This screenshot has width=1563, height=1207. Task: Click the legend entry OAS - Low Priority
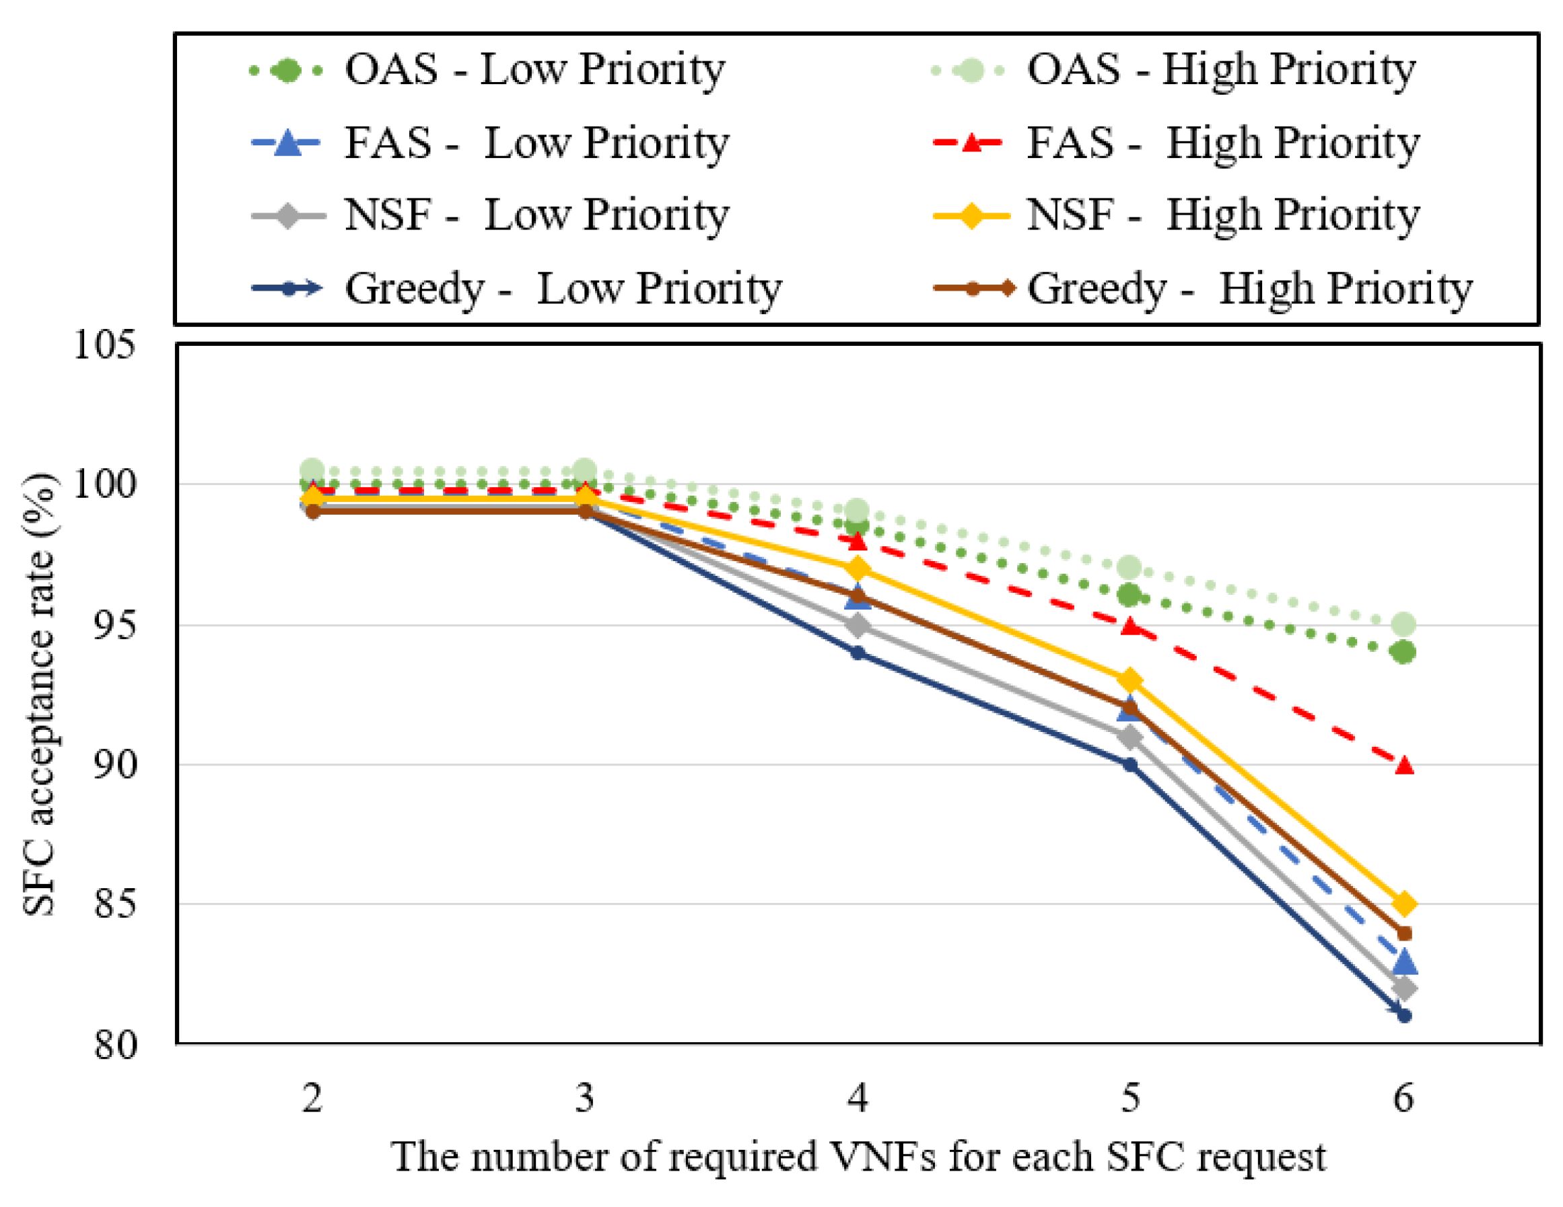pos(487,70)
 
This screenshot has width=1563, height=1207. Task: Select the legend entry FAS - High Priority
pos(1177,143)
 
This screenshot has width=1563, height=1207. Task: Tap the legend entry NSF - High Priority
pos(1177,215)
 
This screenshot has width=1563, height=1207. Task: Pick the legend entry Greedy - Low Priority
pos(517,289)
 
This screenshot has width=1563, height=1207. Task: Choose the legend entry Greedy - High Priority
pos(1203,289)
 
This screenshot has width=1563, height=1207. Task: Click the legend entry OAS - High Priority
pos(1174,70)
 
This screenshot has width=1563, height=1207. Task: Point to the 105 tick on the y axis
pos(104,346)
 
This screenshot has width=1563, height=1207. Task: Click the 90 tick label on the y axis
pos(114,765)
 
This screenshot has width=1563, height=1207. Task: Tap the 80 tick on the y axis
pos(114,1045)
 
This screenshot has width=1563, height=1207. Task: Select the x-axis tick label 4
pos(858,1097)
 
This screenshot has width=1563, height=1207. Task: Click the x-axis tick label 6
pos(1403,1097)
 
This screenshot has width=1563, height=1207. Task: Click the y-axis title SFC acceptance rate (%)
pos(40,694)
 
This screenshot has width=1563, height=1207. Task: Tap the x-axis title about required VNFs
pos(858,1157)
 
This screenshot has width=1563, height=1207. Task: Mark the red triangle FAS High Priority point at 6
pos(1404,766)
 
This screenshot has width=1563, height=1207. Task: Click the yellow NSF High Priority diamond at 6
pos(1404,904)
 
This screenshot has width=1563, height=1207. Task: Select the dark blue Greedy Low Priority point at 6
pos(1404,1016)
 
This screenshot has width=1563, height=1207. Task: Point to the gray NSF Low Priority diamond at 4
pos(858,626)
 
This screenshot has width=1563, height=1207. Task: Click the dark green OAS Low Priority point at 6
pos(1404,653)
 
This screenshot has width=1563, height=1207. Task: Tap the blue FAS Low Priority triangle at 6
pos(1404,963)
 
